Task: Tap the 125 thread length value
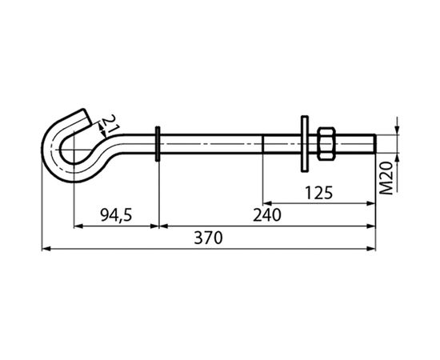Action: pos(318,192)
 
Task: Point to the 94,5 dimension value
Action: pos(115,215)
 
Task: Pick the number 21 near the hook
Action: pos(111,124)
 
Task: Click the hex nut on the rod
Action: pos(326,145)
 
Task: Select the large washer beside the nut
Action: pos(306,145)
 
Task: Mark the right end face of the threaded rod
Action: pos(375,145)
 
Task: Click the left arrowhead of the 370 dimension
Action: pos(46,249)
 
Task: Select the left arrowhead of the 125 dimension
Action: pos(267,203)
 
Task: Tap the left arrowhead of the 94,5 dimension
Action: pos(78,226)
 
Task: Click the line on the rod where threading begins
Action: pos(263,145)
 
